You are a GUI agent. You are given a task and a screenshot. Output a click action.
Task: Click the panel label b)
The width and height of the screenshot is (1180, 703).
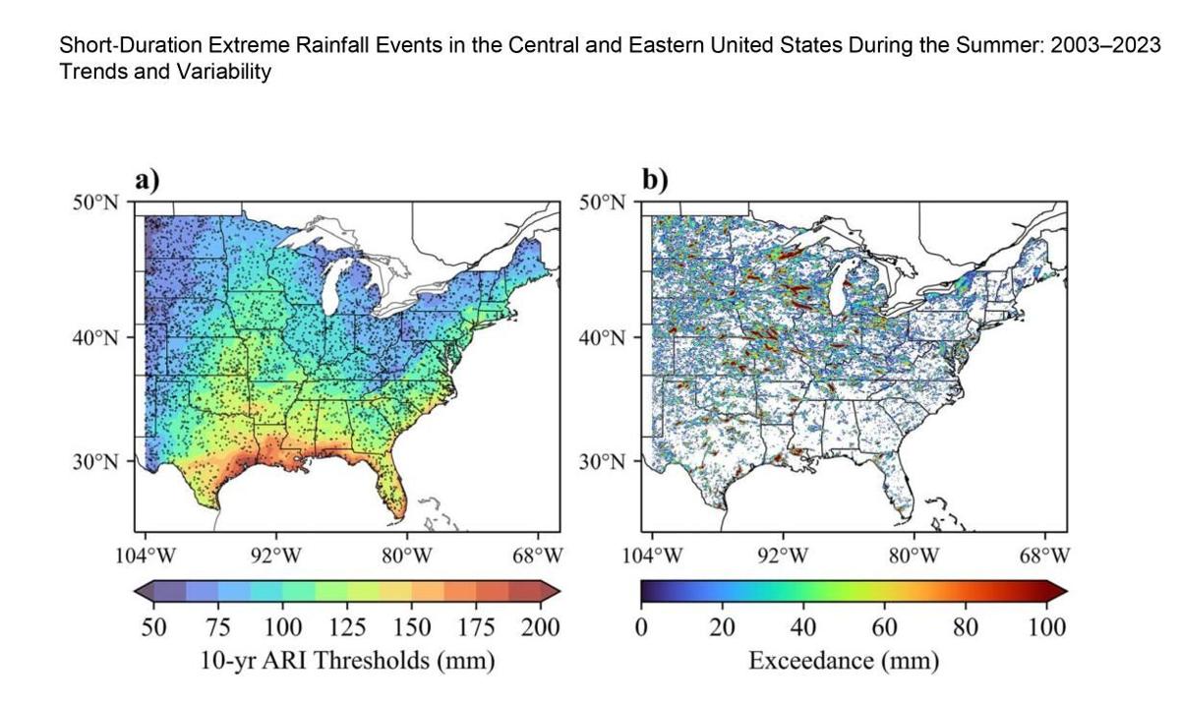654,181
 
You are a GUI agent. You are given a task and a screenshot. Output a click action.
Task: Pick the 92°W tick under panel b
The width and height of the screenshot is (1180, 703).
783,555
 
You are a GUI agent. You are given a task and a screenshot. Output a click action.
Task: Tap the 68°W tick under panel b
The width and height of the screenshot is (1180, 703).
1044,555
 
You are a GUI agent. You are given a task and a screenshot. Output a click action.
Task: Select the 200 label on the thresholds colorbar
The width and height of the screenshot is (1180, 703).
540,627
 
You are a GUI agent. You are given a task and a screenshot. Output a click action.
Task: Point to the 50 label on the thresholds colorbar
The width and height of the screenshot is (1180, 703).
154,627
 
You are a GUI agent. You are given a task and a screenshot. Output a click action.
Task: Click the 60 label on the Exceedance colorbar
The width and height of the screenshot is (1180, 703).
883,627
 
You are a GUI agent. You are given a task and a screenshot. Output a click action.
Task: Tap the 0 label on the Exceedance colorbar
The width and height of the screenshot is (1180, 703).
641,627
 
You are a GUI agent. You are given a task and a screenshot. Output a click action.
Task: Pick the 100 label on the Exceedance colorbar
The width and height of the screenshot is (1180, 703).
1046,627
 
